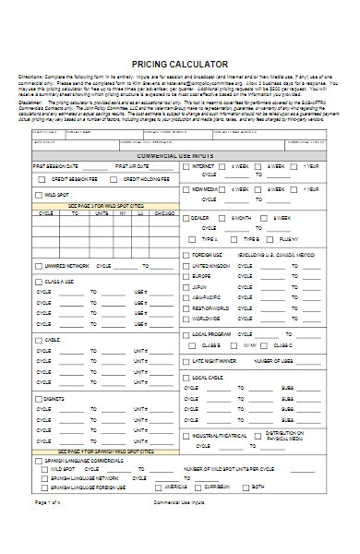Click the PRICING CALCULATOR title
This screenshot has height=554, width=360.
pyautogui.click(x=180, y=63)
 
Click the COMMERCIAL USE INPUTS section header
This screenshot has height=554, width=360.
pyautogui.click(x=180, y=155)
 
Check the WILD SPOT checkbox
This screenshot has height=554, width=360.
pyautogui.click(x=39, y=196)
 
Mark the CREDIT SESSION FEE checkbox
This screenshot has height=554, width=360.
pyautogui.click(x=44, y=179)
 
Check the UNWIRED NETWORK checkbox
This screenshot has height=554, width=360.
pyautogui.click(x=39, y=265)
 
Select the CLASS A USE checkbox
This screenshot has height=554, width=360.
pyautogui.click(x=39, y=281)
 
